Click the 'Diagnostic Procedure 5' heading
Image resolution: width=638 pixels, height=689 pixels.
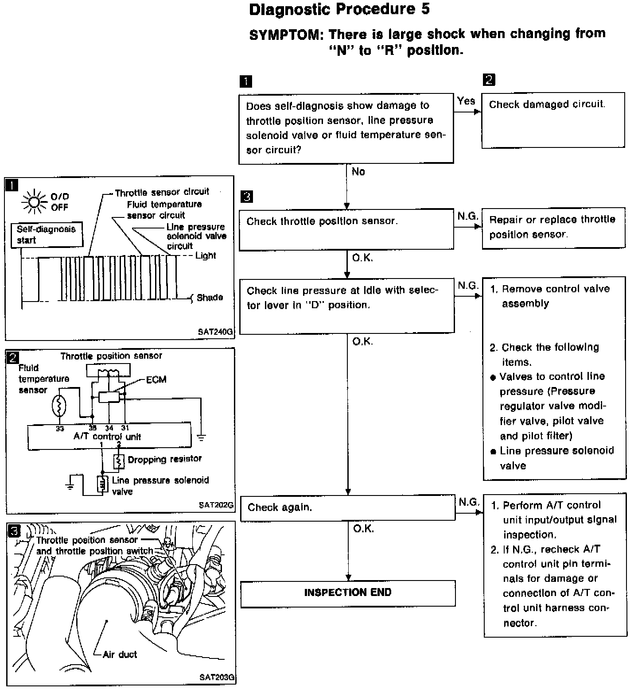click(x=339, y=10)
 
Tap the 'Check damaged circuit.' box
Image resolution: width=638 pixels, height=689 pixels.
click(x=553, y=120)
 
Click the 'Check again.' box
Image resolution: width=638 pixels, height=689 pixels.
click(x=348, y=508)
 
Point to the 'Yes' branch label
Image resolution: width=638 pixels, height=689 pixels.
click(x=466, y=101)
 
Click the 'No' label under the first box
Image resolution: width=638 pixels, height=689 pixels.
click(x=358, y=172)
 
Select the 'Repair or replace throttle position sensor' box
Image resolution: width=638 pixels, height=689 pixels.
click(x=553, y=227)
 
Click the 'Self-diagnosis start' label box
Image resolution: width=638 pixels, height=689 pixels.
click(x=47, y=235)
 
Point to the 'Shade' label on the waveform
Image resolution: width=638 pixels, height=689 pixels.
click(x=210, y=298)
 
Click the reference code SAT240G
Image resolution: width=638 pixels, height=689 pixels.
click(x=215, y=332)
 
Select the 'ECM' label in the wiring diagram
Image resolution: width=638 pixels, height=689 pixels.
click(x=156, y=380)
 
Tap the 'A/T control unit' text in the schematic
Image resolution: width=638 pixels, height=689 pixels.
click(x=107, y=437)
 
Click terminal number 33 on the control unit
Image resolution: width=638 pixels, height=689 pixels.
click(x=60, y=428)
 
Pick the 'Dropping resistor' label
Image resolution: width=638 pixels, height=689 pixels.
click(x=164, y=459)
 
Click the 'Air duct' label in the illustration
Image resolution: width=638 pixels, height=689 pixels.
click(x=120, y=654)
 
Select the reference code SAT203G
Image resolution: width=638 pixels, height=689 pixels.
click(x=216, y=677)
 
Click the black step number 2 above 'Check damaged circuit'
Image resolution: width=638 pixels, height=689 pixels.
click(x=489, y=80)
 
